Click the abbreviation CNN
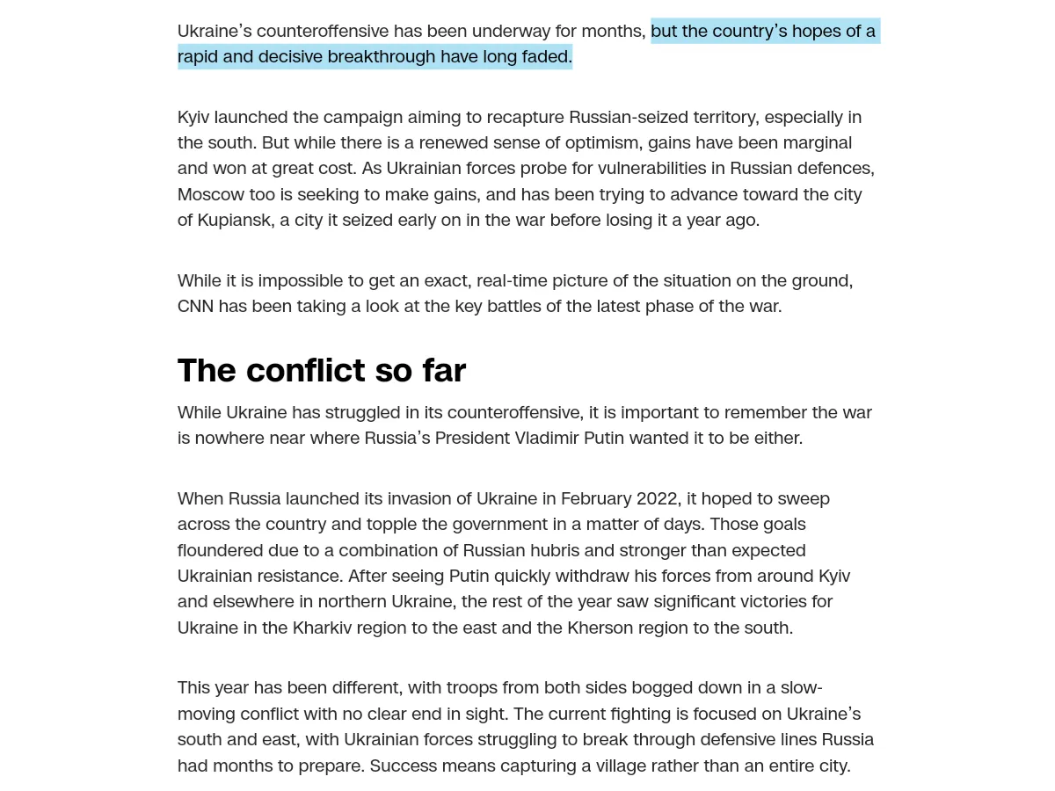(x=195, y=306)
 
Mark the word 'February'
(x=595, y=498)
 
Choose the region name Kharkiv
(x=326, y=628)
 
